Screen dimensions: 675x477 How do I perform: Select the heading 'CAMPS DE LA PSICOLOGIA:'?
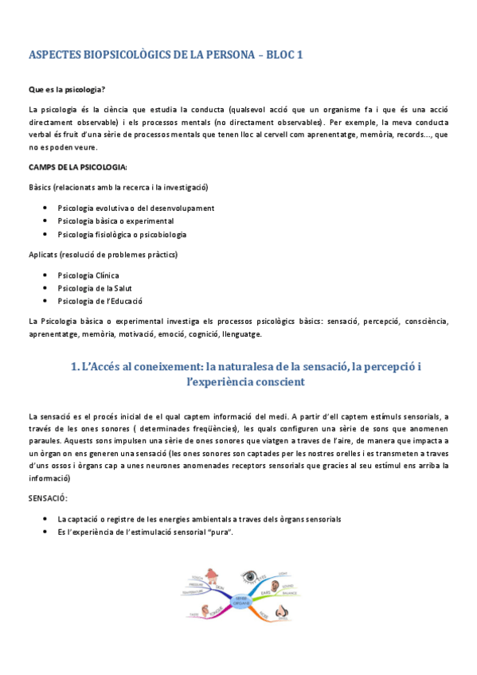pos(77,167)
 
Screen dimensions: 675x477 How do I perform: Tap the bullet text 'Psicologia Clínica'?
pos(88,275)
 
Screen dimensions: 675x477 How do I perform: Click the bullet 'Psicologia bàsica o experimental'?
pos(115,220)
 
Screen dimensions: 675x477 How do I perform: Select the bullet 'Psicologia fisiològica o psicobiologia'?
pos(122,234)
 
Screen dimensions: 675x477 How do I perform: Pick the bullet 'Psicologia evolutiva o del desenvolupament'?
pos(135,208)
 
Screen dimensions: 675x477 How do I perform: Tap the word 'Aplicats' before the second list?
pos(44,255)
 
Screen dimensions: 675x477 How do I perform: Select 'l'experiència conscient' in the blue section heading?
pos(244,382)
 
